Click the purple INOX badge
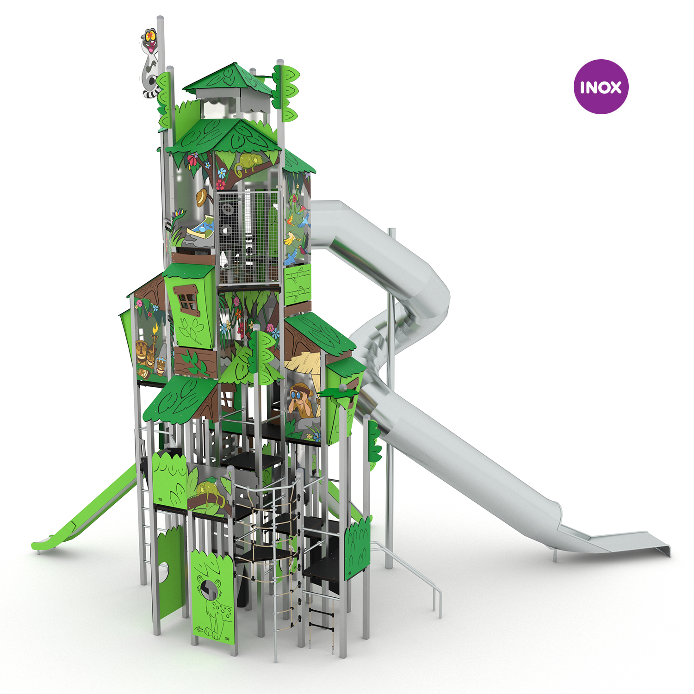coord(601,87)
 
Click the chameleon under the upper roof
coord(248,163)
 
